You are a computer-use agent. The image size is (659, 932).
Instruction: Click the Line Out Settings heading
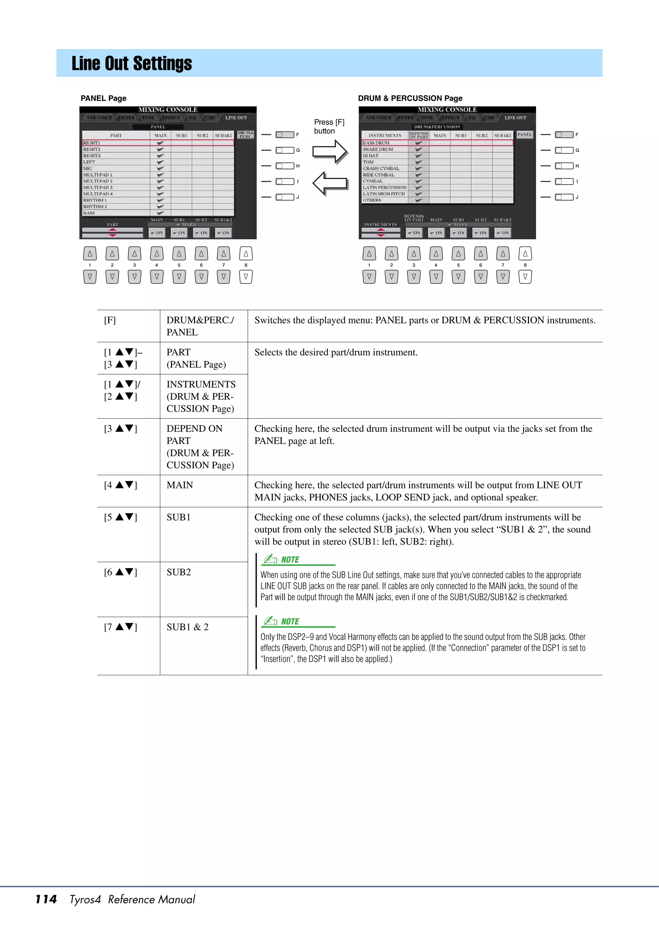(132, 63)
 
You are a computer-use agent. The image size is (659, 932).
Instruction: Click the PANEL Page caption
(104, 98)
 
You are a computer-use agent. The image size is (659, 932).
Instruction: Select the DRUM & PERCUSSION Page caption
(410, 98)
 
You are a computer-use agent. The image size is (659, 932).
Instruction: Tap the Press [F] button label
(329, 126)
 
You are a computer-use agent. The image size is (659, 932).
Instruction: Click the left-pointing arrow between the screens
(330, 183)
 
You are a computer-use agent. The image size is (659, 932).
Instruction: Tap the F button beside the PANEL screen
(285, 135)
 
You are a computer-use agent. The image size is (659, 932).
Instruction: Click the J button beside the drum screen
(564, 197)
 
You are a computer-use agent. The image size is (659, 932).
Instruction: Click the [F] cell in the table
(110, 320)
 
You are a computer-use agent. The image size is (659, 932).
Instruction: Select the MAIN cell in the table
(180, 485)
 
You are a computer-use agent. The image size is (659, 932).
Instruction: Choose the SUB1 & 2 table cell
(188, 627)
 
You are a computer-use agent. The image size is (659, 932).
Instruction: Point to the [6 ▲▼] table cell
(121, 572)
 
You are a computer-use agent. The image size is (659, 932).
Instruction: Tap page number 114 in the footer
(46, 899)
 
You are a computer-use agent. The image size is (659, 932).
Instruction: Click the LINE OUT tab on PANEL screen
(236, 118)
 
